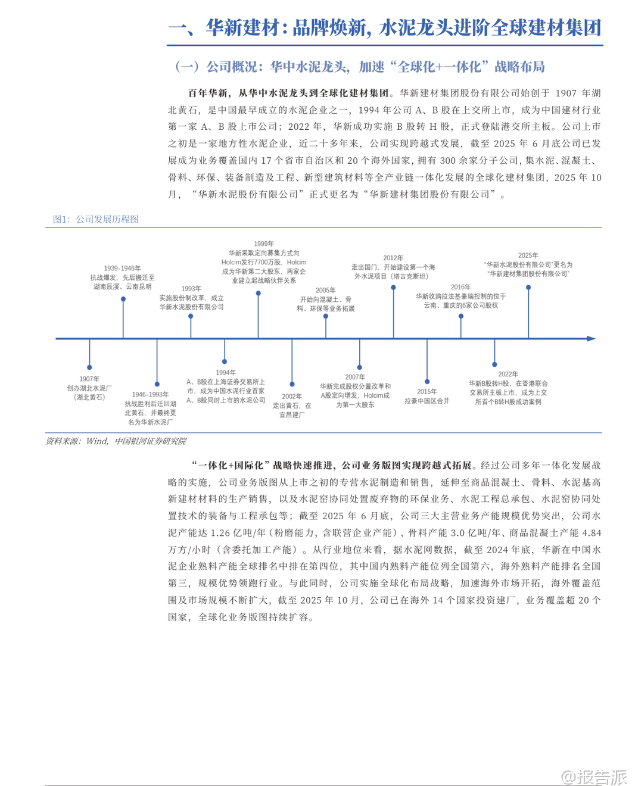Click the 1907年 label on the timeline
89,379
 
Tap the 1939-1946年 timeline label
122,269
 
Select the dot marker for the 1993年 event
191,316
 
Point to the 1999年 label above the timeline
264,244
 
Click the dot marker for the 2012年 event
393,288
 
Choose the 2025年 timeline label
528,255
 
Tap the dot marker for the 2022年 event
494,364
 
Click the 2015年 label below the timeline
426,391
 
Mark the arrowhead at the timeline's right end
591,339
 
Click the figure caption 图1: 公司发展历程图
96,219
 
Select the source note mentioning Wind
116,441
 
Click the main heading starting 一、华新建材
385,28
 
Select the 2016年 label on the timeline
460,287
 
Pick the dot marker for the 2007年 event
359,367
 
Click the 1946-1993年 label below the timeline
150,394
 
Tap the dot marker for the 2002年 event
292,385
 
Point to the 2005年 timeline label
325,291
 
